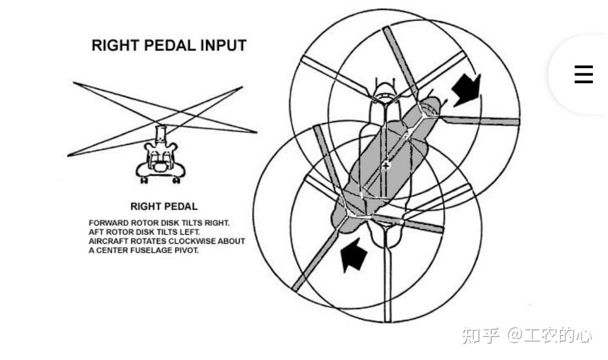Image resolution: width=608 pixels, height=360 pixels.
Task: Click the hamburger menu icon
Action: click(583, 74)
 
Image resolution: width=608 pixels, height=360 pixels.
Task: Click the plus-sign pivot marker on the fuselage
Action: click(387, 166)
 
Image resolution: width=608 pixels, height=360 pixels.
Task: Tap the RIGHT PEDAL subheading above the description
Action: click(164, 206)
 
